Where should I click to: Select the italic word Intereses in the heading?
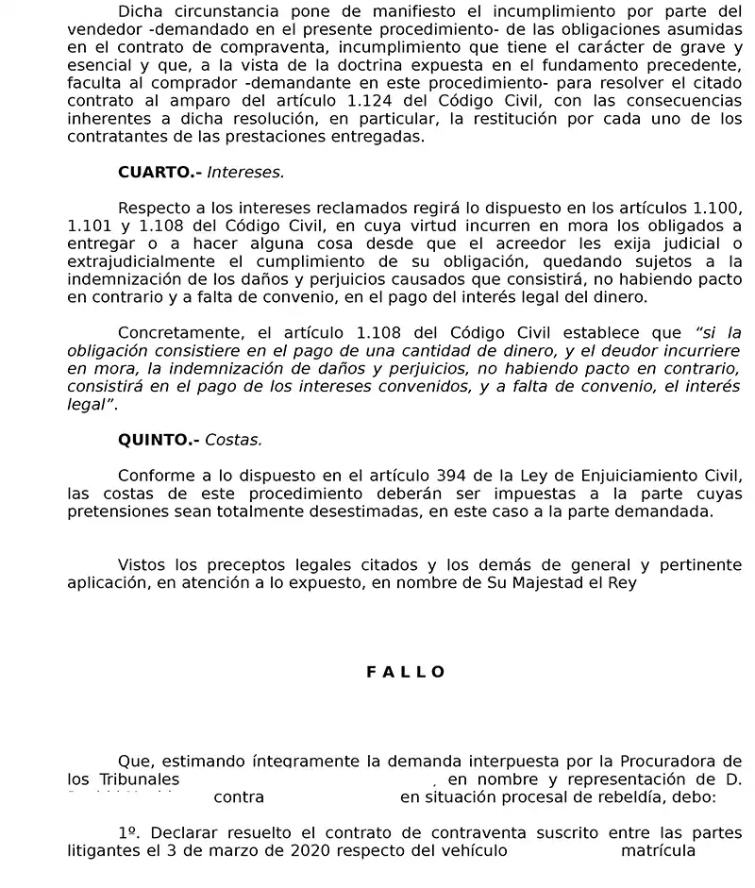coord(245,173)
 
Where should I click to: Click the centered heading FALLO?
coord(405,672)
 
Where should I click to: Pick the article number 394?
coord(459,476)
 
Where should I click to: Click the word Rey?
coord(624,583)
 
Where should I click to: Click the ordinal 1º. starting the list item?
coord(130,833)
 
